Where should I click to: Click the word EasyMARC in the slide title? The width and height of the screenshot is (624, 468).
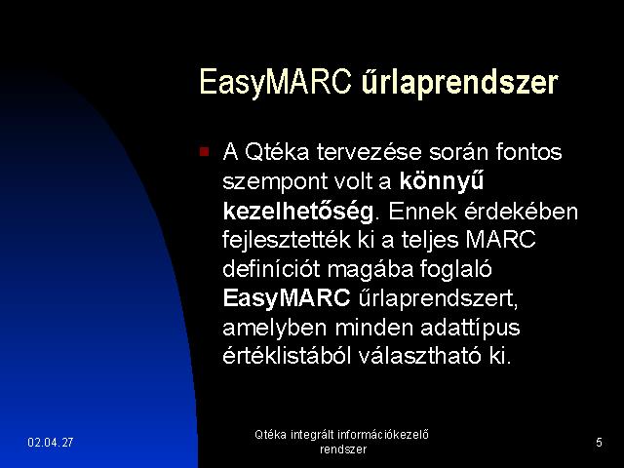(x=275, y=83)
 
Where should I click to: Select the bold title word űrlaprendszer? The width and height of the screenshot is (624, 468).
(x=459, y=83)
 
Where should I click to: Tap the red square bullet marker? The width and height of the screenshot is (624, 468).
(x=204, y=152)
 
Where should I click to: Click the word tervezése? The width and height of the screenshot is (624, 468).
(x=369, y=152)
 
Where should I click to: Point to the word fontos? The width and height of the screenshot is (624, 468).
(x=528, y=152)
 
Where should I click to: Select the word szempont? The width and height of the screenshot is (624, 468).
(x=274, y=182)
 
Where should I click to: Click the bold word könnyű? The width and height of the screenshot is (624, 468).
(x=442, y=182)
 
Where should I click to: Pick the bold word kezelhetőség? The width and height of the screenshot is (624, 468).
(x=298, y=212)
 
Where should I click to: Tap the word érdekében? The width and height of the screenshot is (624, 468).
(x=521, y=211)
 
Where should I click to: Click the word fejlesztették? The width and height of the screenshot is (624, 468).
(x=287, y=240)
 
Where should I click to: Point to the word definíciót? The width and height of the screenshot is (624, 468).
(x=271, y=269)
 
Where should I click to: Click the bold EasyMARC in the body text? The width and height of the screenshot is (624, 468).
(x=287, y=298)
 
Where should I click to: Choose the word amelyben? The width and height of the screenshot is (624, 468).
(x=275, y=328)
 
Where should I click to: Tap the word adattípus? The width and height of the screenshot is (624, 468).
(x=470, y=328)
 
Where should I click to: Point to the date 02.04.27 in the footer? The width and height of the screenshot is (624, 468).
(x=51, y=442)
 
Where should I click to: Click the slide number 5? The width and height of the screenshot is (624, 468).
(x=599, y=442)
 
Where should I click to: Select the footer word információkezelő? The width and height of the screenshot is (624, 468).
(x=383, y=434)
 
